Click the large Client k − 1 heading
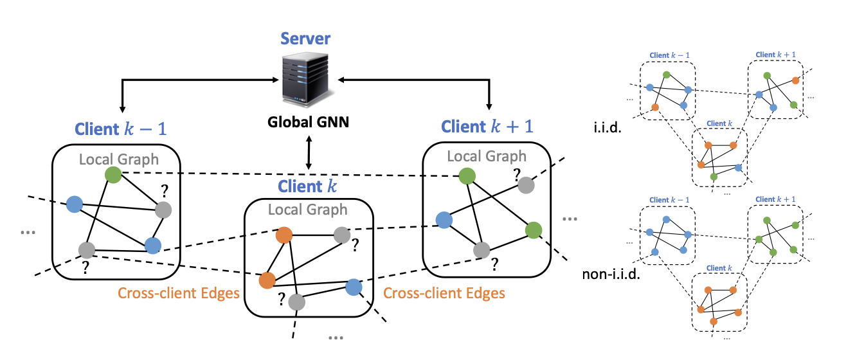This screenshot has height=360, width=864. pos(121,129)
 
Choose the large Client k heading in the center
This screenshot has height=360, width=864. pos(309,187)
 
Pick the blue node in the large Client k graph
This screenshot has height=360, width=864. pos(354,287)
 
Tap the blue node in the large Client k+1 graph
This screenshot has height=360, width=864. pos(443,220)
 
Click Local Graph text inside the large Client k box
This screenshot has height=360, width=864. pos(307,210)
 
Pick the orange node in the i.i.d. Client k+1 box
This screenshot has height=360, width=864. pos(796,80)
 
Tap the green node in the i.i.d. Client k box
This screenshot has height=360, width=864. pos(714,177)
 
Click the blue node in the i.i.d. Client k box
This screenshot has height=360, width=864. pos(738,167)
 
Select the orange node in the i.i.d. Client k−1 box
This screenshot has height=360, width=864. pos(655,107)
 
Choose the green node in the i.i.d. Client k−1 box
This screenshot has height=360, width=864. pos(667,74)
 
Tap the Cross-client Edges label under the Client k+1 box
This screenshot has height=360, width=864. pos(444,294)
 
